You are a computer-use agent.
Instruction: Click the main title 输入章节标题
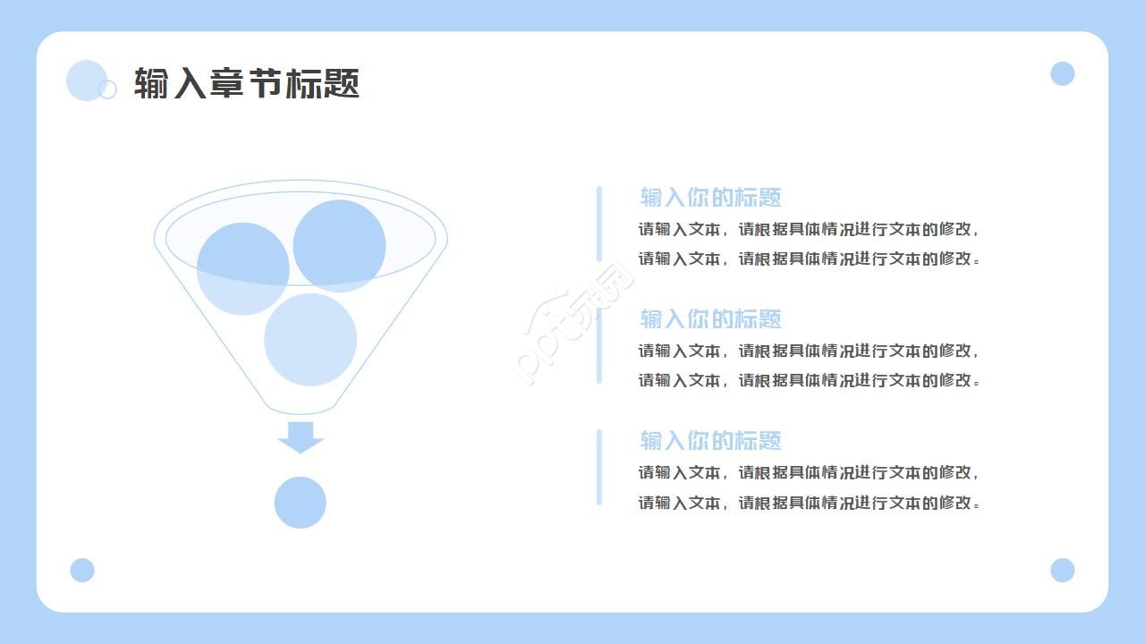click(x=247, y=84)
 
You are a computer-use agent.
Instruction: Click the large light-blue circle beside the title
click(x=86, y=80)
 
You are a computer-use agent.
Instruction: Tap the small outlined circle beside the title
click(x=107, y=89)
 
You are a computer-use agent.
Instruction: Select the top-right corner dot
click(x=1062, y=73)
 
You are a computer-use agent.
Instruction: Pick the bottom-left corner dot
click(x=82, y=570)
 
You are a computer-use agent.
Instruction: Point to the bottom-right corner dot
click(x=1062, y=570)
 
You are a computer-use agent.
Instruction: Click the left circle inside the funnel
click(x=242, y=268)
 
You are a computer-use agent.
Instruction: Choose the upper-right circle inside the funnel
click(x=339, y=245)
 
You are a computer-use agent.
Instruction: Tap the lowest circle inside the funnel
click(x=310, y=340)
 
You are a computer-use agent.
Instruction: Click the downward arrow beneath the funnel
click(x=301, y=436)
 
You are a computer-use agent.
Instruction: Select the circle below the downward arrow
click(x=301, y=503)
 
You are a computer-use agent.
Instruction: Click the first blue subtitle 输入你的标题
click(x=710, y=198)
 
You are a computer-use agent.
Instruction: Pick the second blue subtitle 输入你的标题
click(x=710, y=319)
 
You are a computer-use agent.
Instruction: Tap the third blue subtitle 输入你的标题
click(x=710, y=441)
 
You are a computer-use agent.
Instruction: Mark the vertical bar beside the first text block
click(x=599, y=224)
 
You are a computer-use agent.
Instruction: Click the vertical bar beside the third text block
click(x=599, y=467)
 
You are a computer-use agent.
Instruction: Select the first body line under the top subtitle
click(x=809, y=229)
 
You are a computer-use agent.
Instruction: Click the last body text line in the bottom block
click(x=809, y=503)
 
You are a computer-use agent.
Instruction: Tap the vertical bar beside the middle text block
click(x=599, y=345)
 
